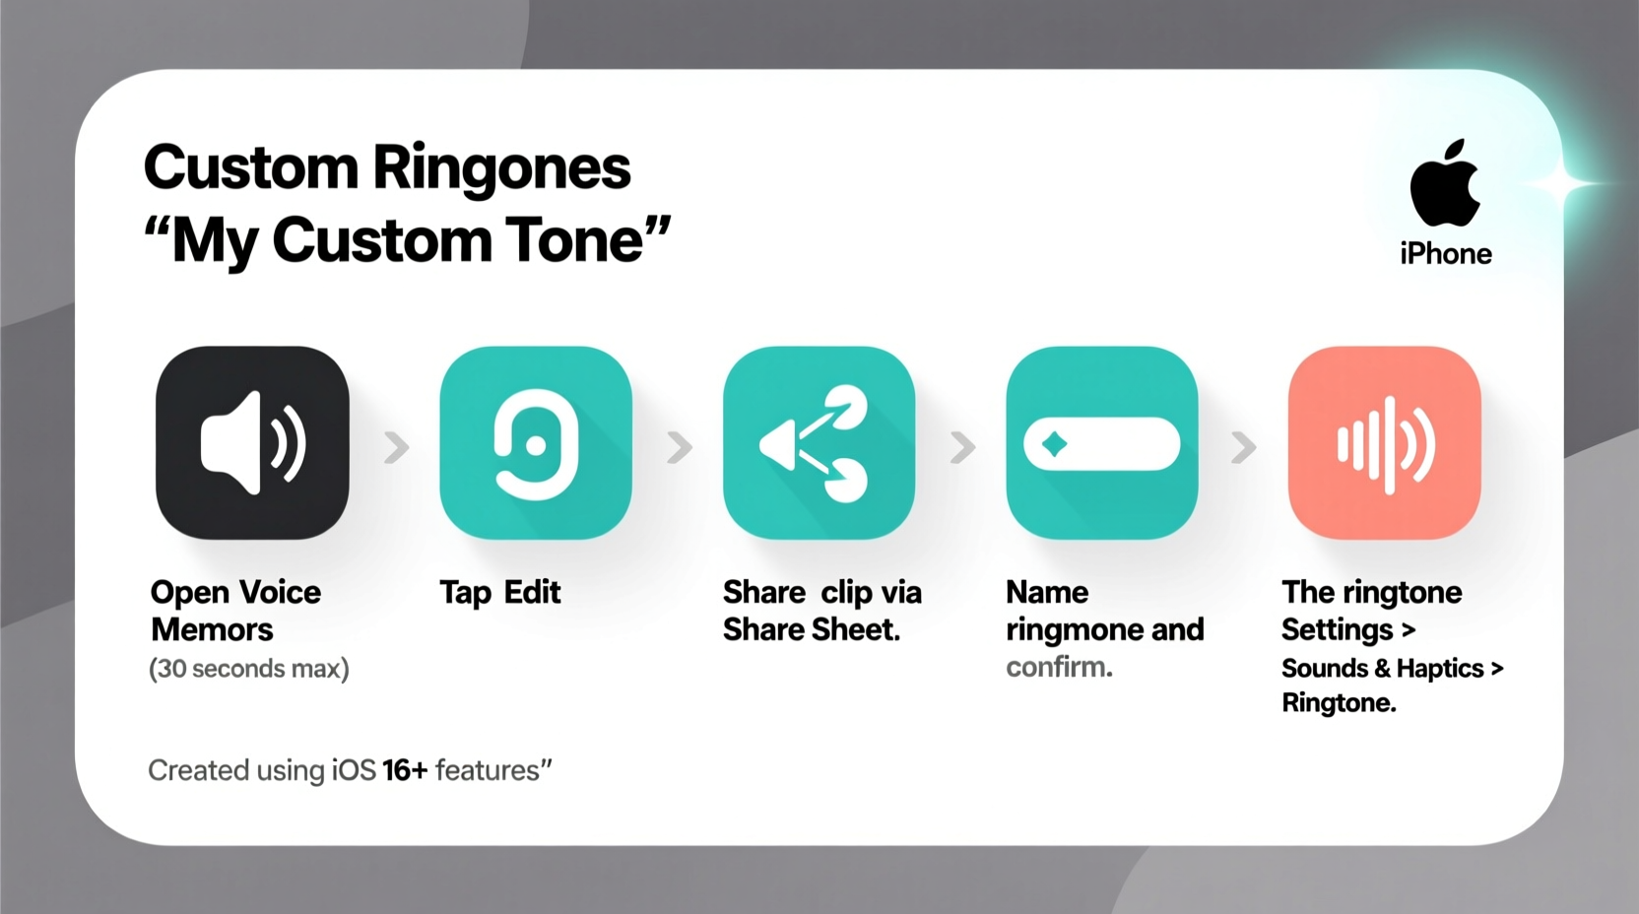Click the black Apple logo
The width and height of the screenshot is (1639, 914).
pos(1445,184)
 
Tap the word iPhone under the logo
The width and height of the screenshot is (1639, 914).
pos(1445,254)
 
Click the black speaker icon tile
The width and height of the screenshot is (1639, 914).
pos(252,442)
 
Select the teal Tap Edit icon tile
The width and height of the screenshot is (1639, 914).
pos(535,442)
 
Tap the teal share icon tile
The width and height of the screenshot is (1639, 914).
pos(819,442)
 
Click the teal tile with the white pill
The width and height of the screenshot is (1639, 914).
pos(1101,442)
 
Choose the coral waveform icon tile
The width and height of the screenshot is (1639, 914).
pos(1384,442)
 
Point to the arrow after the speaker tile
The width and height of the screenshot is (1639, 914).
pos(396,447)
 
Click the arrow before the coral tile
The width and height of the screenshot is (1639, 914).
pos(1244,447)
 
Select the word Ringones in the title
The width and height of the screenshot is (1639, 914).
pos(501,168)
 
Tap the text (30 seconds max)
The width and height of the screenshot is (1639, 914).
pos(249,669)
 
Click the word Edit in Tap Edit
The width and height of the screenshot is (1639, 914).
pos(532,592)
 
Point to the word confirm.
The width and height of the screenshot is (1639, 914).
pos(1059,667)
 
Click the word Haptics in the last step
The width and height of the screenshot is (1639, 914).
pos(1439,669)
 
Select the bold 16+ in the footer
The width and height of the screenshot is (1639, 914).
pos(405,770)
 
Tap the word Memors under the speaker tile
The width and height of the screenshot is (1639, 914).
pos(212,630)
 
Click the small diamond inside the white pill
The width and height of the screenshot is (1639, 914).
pos(1054,444)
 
